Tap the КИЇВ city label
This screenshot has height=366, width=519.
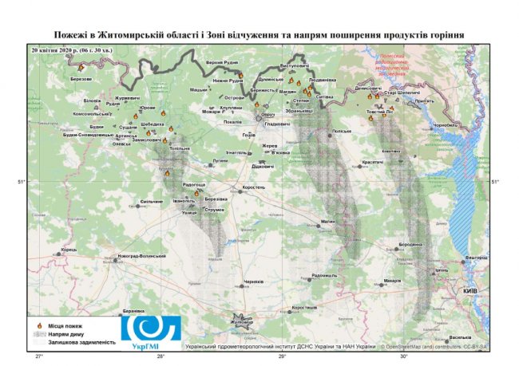click(x=470, y=292)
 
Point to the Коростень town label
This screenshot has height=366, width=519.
click(x=255, y=188)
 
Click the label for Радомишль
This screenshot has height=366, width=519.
click(x=326, y=275)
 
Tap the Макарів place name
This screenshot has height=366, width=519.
click(x=391, y=281)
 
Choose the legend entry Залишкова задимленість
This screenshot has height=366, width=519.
click(x=81, y=342)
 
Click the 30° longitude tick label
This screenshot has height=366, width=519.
click(x=403, y=356)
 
